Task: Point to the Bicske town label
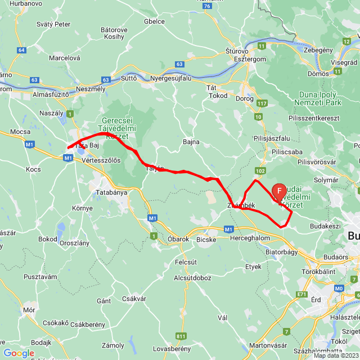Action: (x=209, y=238)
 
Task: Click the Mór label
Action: (x=29, y=309)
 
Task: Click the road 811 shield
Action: (x=181, y=336)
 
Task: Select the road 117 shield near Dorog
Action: (x=262, y=103)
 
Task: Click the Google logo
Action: (x=19, y=353)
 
